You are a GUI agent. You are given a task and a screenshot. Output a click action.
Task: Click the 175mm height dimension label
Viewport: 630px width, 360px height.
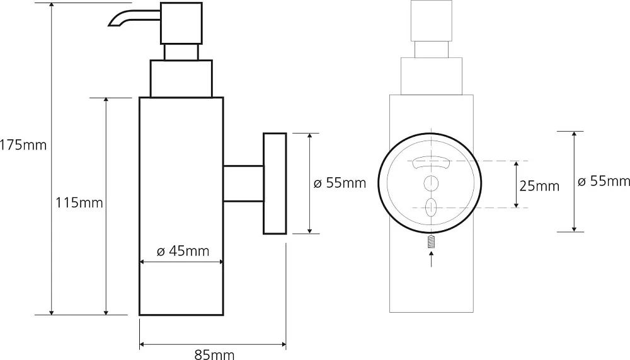click(x=23, y=145)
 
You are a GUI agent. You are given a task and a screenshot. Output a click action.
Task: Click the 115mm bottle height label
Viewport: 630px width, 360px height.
click(x=79, y=202)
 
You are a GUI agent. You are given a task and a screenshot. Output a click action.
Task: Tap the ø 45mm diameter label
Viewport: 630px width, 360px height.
click(x=183, y=251)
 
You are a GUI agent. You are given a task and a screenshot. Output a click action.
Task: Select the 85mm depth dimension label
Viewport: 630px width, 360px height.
click(x=214, y=354)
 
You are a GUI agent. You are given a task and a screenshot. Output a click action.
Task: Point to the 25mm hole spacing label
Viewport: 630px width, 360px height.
click(x=539, y=186)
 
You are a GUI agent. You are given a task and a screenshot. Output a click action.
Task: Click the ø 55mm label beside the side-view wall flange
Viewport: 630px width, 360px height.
click(x=340, y=183)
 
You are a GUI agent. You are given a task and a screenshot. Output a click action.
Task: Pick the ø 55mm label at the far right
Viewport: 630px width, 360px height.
click(x=604, y=182)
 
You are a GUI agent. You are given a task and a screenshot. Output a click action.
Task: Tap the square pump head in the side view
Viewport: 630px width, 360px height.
click(x=181, y=23)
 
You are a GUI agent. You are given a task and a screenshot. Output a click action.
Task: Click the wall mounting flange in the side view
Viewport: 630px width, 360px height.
click(x=275, y=183)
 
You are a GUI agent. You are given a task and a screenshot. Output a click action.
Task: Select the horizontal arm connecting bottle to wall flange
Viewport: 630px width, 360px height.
click(x=243, y=183)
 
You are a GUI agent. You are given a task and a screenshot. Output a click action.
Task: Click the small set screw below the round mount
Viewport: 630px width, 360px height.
click(x=432, y=241)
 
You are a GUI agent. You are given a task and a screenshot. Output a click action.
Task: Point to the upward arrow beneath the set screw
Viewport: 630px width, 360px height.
click(x=432, y=258)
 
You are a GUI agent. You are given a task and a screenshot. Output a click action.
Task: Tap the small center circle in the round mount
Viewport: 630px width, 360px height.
click(x=431, y=183)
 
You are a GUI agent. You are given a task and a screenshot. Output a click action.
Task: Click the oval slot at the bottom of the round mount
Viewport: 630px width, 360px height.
click(x=431, y=207)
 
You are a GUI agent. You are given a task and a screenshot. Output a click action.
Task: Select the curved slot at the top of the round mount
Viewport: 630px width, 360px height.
click(x=431, y=161)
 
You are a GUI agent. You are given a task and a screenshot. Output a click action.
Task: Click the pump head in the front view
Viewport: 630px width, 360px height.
click(x=431, y=21)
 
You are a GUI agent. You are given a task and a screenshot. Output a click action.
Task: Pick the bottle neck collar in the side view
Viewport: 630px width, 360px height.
click(x=181, y=78)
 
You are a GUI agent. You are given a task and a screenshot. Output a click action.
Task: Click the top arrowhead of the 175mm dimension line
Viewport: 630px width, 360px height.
click(x=52, y=5)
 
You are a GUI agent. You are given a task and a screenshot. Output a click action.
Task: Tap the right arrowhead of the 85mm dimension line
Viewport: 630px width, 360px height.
click(x=283, y=345)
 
